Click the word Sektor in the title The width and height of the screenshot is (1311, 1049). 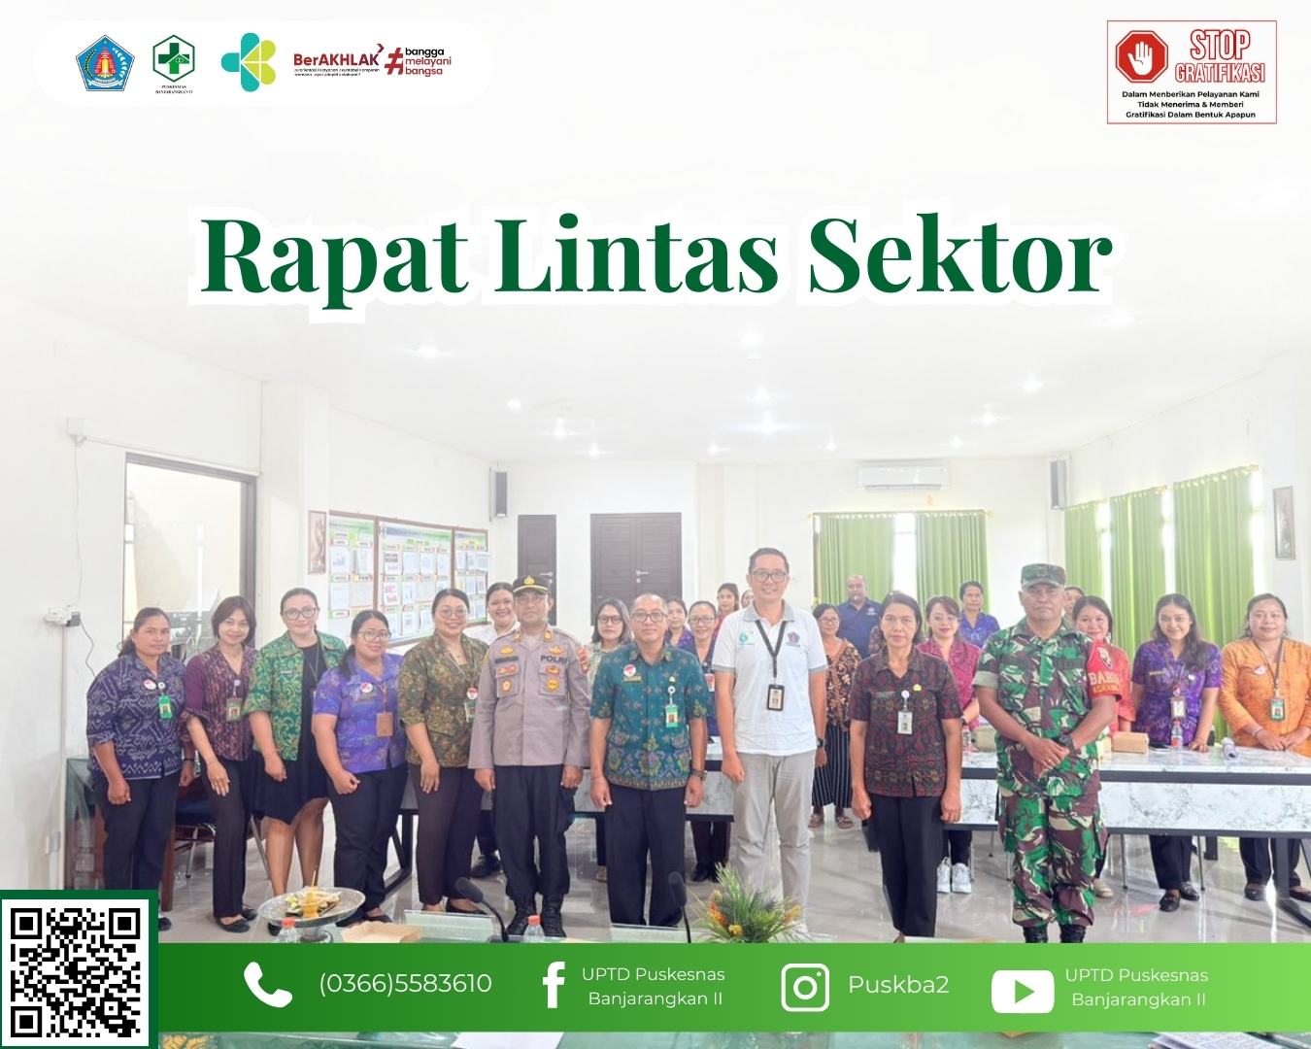point(959,256)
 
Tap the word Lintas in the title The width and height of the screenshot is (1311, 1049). point(637,256)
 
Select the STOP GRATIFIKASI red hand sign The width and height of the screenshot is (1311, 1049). point(1141,55)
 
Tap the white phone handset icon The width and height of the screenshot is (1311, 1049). point(267,985)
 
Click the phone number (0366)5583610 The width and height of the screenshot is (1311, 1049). point(405,984)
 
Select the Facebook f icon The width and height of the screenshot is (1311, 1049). point(554,985)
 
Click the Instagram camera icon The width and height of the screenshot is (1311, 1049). point(805,987)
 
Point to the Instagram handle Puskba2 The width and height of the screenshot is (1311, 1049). point(898,985)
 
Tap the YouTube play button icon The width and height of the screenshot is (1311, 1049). point(1022,992)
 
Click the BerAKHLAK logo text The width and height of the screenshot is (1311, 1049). point(336,60)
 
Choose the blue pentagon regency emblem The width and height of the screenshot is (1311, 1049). point(104,64)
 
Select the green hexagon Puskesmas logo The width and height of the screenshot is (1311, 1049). point(174,57)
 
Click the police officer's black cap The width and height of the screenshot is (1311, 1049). point(530,586)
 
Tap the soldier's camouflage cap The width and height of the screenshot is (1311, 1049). point(1042,574)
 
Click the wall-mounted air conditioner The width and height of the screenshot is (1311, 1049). point(902,475)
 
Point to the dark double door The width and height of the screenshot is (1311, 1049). point(635,557)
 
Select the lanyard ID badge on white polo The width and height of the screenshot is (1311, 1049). point(775,696)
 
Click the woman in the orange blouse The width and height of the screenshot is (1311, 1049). point(1265,690)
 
